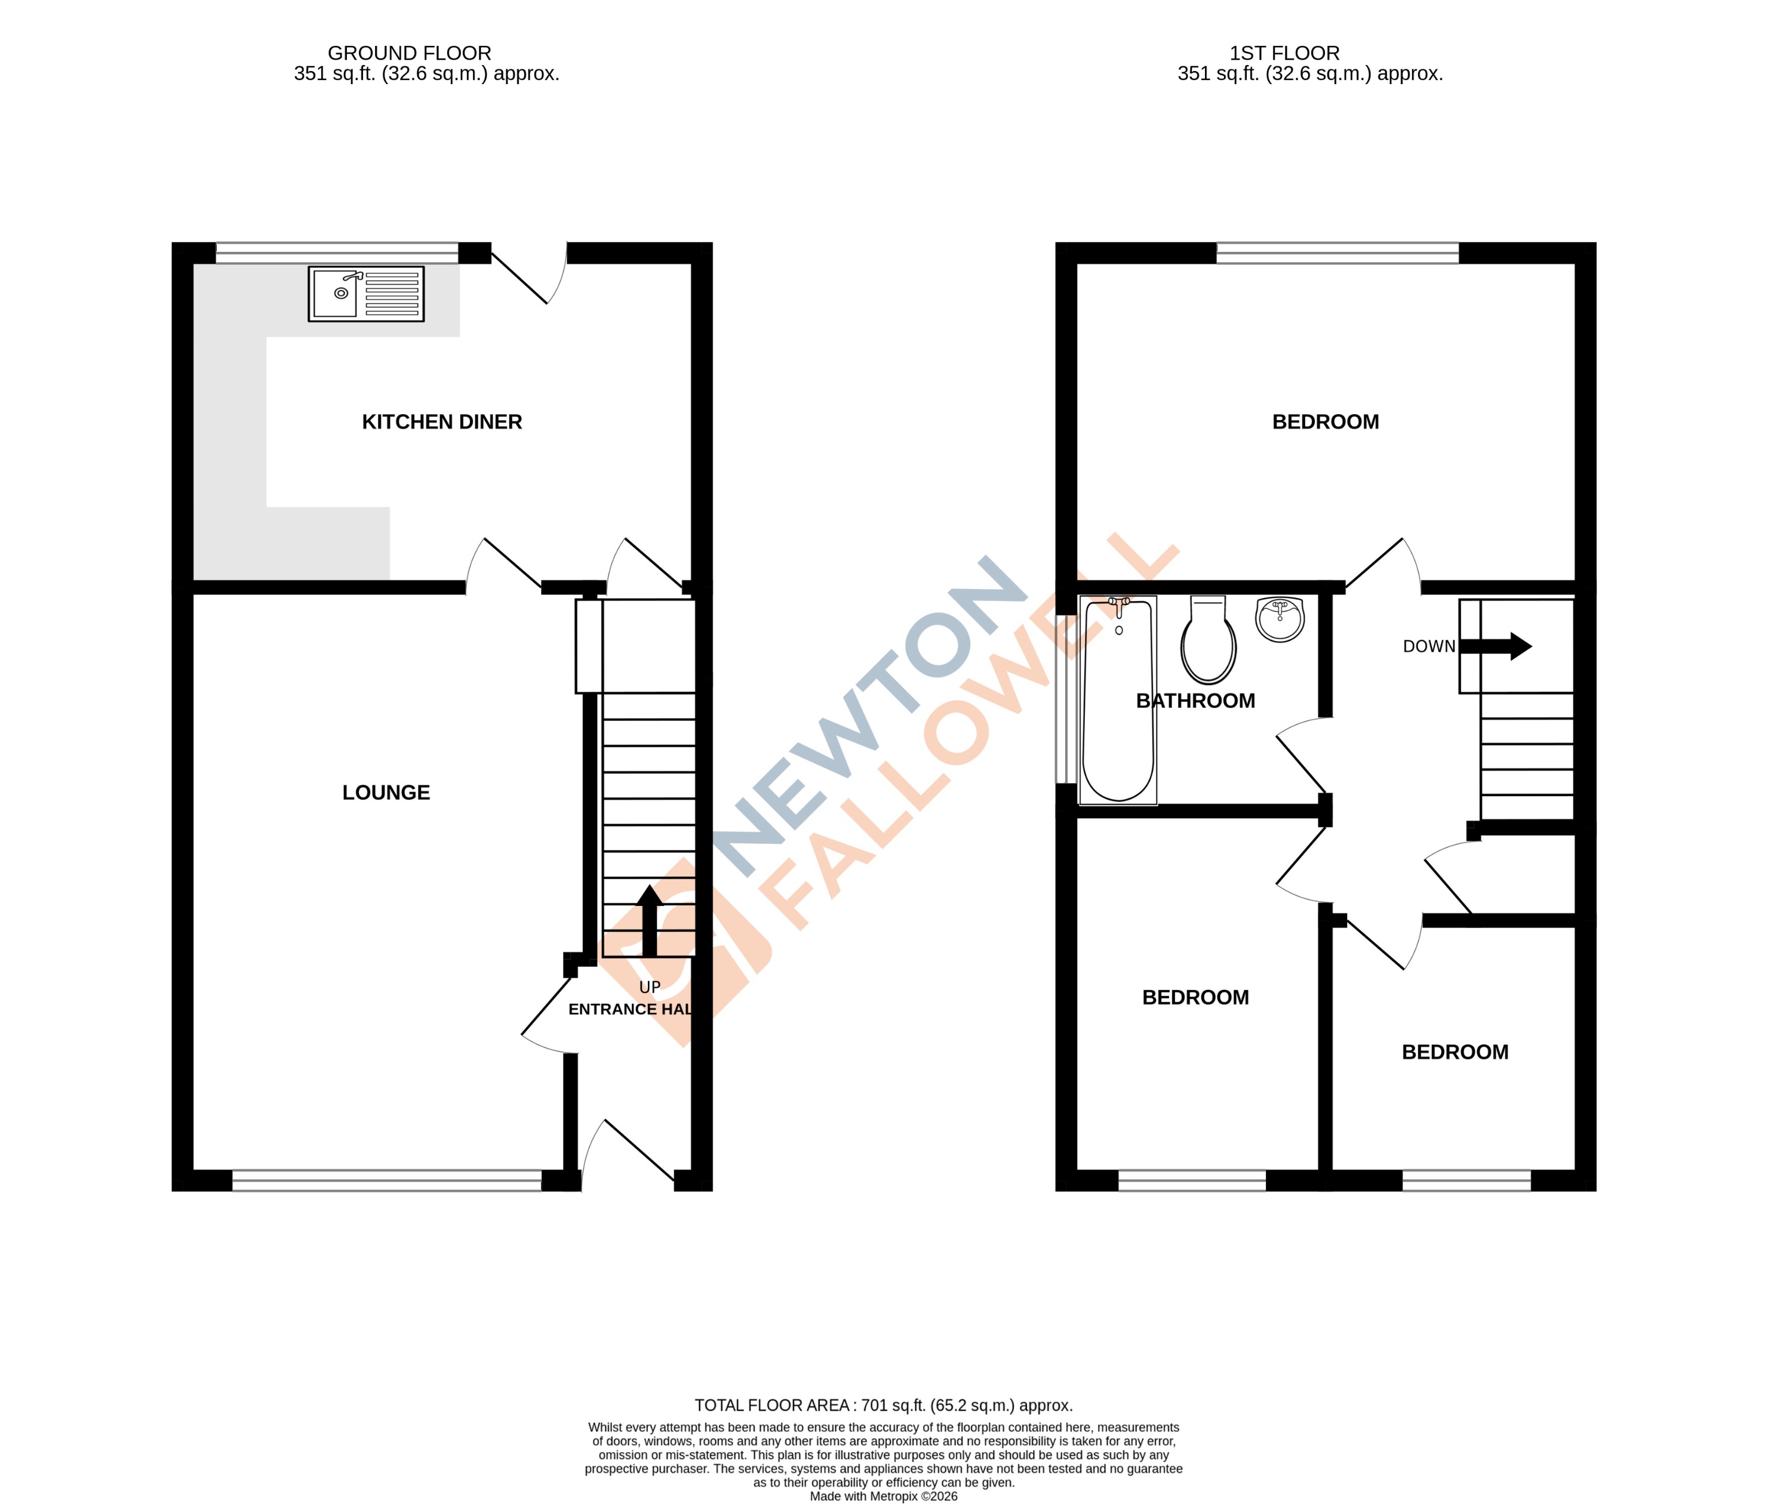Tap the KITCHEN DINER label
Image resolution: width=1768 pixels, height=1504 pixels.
coord(442,422)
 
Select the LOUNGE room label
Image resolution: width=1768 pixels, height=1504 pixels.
coord(386,793)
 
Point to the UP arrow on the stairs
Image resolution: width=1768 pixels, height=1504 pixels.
coord(650,921)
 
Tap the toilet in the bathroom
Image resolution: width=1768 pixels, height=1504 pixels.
coord(1208,641)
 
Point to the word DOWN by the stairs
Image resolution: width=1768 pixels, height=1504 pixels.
coord(1429,647)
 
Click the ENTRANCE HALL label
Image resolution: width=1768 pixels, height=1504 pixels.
coord(629,1009)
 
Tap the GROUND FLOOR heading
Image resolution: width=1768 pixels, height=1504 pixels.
coord(410,54)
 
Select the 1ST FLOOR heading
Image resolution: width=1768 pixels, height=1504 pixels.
coord(1284,54)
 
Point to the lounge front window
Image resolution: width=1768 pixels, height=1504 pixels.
coord(386,1180)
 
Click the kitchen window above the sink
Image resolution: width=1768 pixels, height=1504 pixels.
coord(337,252)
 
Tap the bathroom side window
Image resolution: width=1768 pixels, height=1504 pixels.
coord(1065,699)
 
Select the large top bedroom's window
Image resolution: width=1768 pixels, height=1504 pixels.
coord(1337,252)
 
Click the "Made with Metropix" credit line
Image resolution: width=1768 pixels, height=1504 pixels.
coord(884,1496)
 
